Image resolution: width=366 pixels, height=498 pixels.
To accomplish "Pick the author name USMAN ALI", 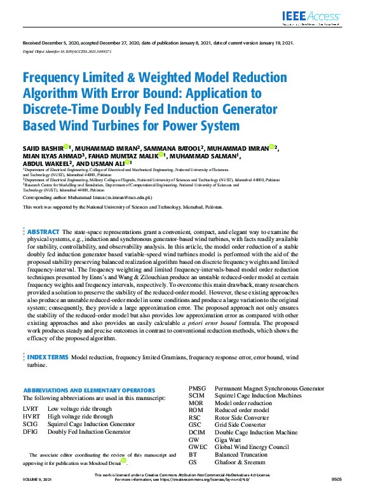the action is pyautogui.click(x=111, y=163).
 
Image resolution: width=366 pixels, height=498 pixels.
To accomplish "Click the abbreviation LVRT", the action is pyautogui.click(x=30, y=408).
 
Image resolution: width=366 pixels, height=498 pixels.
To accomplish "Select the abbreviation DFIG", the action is pyautogui.click(x=30, y=431).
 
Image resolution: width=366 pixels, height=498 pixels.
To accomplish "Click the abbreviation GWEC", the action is pyautogui.click(x=198, y=447).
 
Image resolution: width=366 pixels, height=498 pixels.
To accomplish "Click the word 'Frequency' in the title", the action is pyautogui.click(x=56, y=78).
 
